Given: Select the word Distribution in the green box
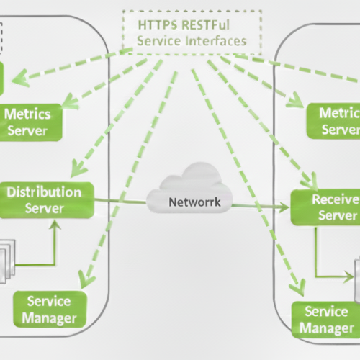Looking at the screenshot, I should click(x=44, y=192).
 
